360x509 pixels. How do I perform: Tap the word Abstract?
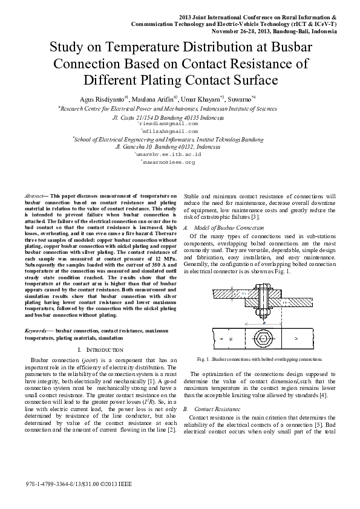coord(33,197)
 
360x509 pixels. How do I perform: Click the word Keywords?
coord(36,331)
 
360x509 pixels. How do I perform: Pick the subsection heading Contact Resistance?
coord(223,409)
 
